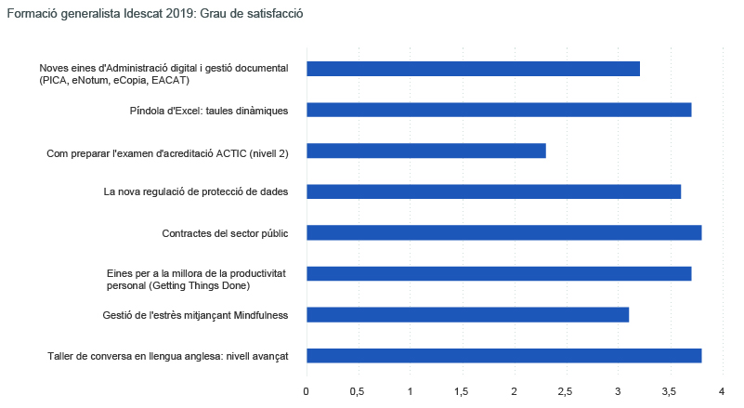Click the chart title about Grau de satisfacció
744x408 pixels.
pyautogui.click(x=155, y=15)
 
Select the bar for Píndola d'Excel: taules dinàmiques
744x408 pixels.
pyautogui.click(x=499, y=110)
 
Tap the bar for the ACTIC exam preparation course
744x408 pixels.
pyautogui.click(x=425, y=151)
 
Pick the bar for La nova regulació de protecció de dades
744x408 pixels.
pyautogui.click(x=493, y=191)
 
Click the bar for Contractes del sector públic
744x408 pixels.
pyautogui.click(x=503, y=232)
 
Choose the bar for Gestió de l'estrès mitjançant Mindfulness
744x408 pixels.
pyautogui.click(x=467, y=314)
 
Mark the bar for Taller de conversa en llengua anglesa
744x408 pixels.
pyautogui.click(x=503, y=355)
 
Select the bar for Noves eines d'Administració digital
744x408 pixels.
pyautogui.click(x=473, y=69)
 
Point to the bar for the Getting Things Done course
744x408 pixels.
pyautogui.click(x=499, y=273)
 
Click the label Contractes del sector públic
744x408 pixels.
pyautogui.click(x=225, y=233)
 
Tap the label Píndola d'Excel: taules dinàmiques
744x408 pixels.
pyautogui.click(x=209, y=111)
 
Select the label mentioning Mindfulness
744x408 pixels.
pyautogui.click(x=195, y=315)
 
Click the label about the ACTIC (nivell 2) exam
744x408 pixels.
pyautogui.click(x=167, y=151)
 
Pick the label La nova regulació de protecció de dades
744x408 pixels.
pyautogui.click(x=195, y=192)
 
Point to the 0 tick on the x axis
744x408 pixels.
pyautogui.click(x=307, y=391)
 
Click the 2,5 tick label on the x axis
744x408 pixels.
pyautogui.click(x=566, y=391)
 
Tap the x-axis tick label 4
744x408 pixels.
pyautogui.click(x=722, y=391)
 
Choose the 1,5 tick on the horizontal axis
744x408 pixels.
pyautogui.click(x=462, y=391)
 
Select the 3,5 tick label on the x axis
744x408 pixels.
pyautogui.click(x=670, y=391)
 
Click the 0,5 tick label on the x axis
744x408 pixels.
pyautogui.click(x=358, y=391)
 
